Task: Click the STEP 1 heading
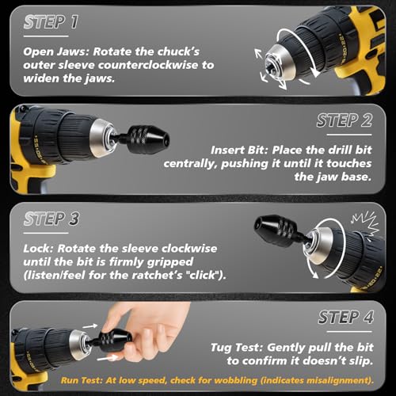click(x=51, y=22)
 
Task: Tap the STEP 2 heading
click(x=345, y=121)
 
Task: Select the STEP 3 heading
click(x=51, y=219)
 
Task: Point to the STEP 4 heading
click(x=345, y=317)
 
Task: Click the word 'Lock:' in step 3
click(x=39, y=247)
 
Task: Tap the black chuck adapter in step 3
click(x=273, y=231)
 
